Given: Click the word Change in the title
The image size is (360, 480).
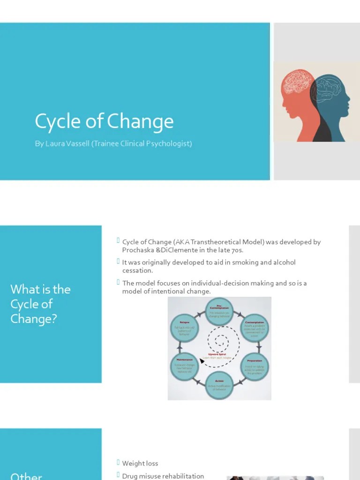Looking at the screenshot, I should point(140,122).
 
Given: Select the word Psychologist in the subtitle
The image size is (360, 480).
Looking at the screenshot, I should point(167,143).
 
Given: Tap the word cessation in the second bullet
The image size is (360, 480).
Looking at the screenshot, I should point(137,270).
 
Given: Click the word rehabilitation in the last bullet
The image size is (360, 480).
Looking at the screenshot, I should point(182,476).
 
